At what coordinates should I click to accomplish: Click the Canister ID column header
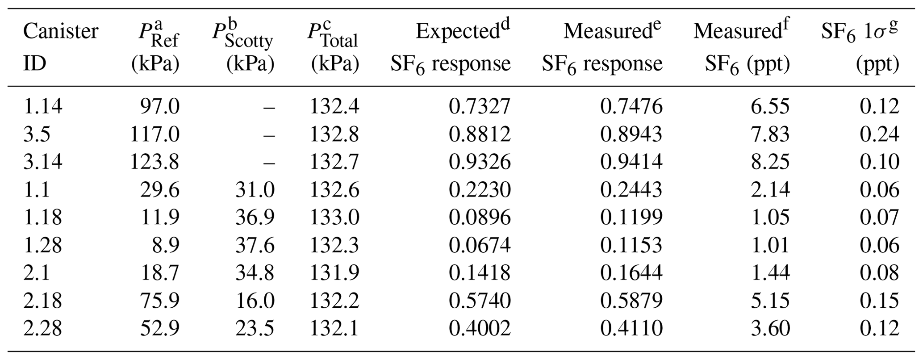click(61, 47)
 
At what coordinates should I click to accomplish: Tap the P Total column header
click(333, 47)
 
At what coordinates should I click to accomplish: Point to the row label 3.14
click(43, 161)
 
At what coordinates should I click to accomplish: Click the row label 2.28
click(43, 328)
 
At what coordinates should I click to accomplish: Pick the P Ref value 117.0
click(155, 134)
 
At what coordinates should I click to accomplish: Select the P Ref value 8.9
click(166, 245)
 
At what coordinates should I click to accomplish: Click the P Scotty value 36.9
click(255, 217)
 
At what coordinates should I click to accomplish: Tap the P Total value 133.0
click(334, 217)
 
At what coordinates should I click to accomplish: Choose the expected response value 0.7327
click(480, 106)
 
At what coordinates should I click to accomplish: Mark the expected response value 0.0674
click(480, 245)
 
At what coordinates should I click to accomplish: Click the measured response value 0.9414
click(631, 161)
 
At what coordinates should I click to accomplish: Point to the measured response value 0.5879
click(631, 300)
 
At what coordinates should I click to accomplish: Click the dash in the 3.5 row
click(269, 134)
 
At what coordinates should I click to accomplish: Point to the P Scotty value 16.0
click(255, 300)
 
